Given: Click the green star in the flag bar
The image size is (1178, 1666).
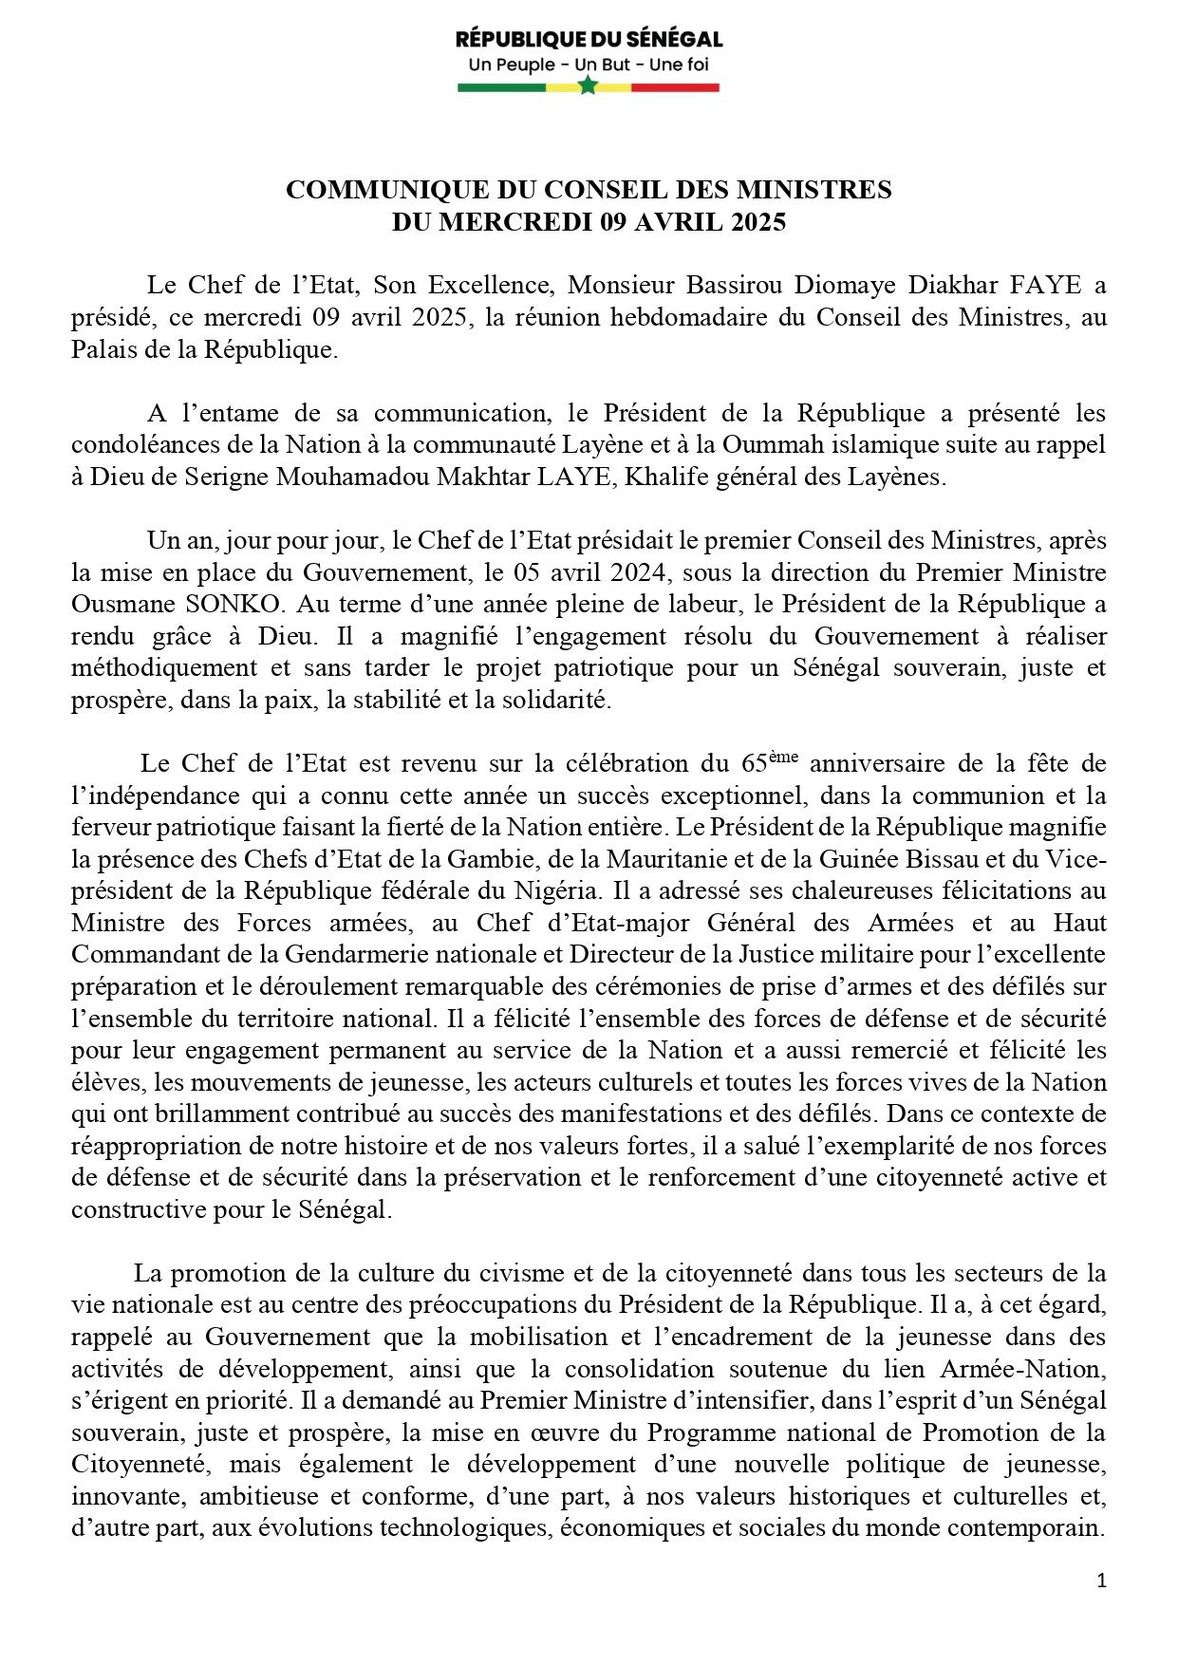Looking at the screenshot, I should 588,86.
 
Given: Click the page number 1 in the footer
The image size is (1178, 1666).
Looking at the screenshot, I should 1101,1581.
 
